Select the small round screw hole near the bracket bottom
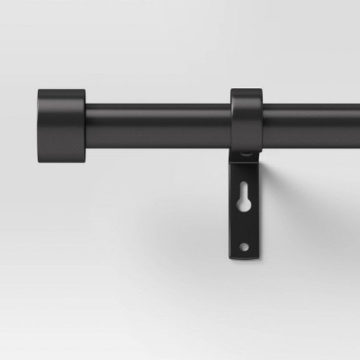(x=245, y=247)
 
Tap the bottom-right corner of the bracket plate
(x=257, y=259)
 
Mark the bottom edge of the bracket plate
(x=245, y=260)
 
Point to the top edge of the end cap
(x=61, y=90)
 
